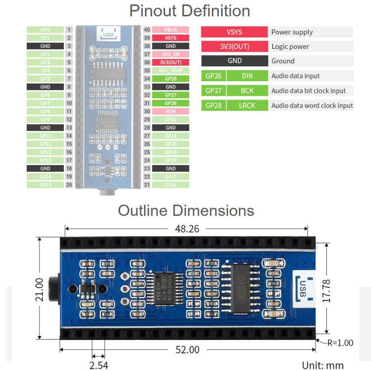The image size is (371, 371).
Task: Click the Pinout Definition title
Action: [x=189, y=11]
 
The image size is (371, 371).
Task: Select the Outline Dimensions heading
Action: [x=185, y=210]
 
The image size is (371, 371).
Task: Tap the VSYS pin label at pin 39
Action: [x=170, y=38]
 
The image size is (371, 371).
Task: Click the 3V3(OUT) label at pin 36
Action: [x=170, y=62]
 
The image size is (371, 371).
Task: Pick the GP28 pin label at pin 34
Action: [x=170, y=79]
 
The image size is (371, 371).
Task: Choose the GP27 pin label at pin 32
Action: [x=170, y=95]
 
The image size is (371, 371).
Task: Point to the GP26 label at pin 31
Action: [x=170, y=103]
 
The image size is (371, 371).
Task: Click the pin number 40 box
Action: [x=147, y=30]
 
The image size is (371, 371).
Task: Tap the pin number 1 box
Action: [x=69, y=30]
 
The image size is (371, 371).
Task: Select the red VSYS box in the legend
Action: [x=234, y=32]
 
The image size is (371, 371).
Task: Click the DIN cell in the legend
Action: [x=247, y=76]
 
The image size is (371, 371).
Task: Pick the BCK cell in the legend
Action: [x=247, y=91]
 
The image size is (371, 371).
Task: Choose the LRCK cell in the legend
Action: [x=247, y=105]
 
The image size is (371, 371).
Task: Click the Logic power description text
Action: [x=290, y=46]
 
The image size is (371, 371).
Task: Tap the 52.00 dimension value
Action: [x=187, y=350]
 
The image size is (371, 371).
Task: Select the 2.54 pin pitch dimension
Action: [x=98, y=365]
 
